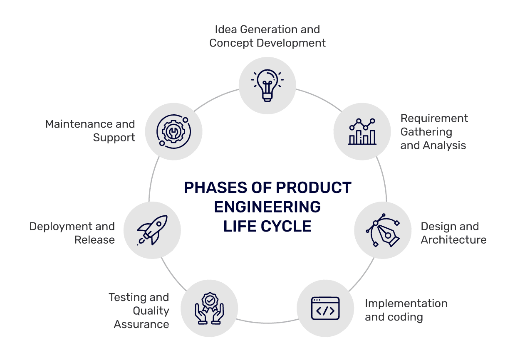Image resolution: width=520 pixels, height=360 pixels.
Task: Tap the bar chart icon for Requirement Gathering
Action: (x=362, y=131)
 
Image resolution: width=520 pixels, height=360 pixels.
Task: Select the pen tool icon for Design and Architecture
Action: (x=383, y=230)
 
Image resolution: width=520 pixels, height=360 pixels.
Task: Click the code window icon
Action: (x=325, y=308)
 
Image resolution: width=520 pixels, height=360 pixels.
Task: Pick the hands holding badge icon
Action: (x=209, y=308)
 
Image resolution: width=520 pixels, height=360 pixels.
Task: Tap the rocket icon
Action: (x=152, y=230)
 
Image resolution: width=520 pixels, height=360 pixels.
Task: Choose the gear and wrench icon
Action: (x=173, y=131)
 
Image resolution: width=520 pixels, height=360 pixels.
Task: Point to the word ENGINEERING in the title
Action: (x=267, y=207)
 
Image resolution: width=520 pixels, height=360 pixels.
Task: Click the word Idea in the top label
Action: (x=223, y=30)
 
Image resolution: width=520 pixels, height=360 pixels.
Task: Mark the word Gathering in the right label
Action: (x=426, y=132)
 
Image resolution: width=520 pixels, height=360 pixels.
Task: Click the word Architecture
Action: (x=453, y=240)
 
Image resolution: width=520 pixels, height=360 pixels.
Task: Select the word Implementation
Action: (x=406, y=303)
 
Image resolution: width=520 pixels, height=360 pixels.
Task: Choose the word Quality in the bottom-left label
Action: (x=151, y=311)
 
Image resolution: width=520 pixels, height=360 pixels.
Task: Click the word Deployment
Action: (x=61, y=227)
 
